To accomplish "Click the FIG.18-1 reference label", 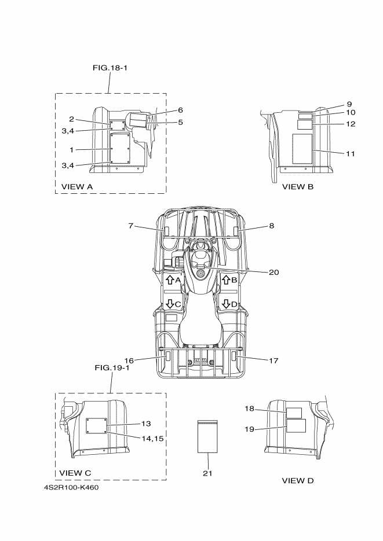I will [110, 68].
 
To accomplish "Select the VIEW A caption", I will [77, 186].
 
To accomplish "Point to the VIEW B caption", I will [298, 186].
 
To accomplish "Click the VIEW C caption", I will [75, 473].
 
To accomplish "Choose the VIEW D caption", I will [298, 480].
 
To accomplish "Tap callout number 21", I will [207, 473].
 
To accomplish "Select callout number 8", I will [271, 226].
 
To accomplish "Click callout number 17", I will [273, 360].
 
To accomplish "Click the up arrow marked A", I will [170, 280].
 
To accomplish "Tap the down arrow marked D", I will [225, 303].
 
